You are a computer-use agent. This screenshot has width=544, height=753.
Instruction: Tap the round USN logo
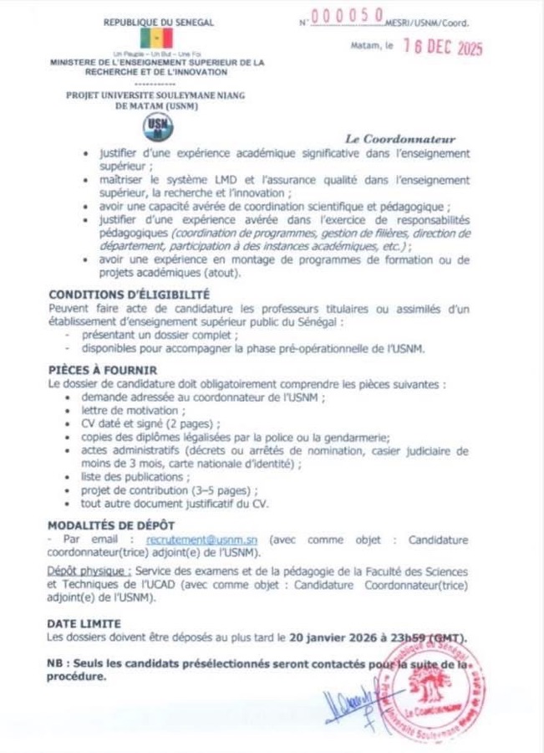click(x=156, y=125)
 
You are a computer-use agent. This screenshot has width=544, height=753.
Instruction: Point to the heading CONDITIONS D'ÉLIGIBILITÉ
click(x=129, y=295)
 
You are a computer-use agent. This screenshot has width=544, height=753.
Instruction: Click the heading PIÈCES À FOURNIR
click(x=103, y=370)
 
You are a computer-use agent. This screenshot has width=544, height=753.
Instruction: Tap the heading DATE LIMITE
click(x=84, y=623)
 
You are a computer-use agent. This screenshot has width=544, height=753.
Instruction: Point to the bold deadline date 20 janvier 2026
click(x=335, y=638)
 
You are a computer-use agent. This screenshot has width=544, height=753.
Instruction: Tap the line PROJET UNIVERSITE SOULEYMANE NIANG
click(x=156, y=95)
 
